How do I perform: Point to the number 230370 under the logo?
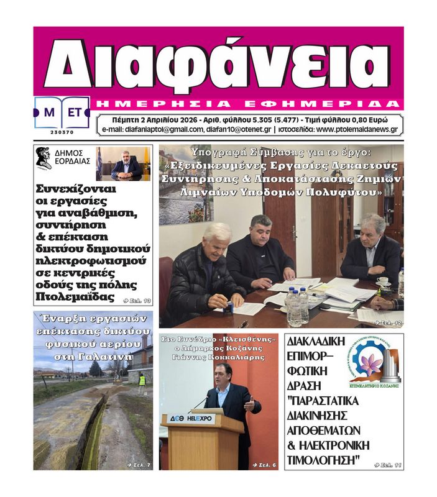(x=62, y=132)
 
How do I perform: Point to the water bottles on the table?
(x=297, y=304)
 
